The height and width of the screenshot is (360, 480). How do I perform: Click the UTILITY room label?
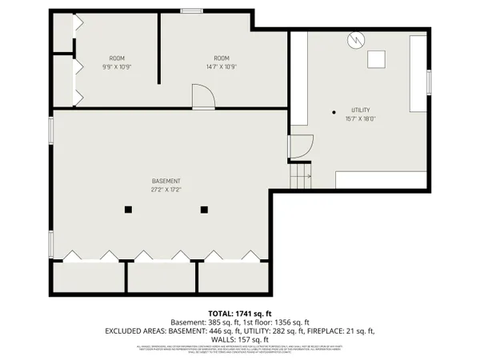pos(360,110)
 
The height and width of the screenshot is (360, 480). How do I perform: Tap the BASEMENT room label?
pos(166,181)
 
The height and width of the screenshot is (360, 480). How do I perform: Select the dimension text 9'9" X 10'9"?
pos(118,66)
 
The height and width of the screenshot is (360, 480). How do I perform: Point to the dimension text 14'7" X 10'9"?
pos(222,66)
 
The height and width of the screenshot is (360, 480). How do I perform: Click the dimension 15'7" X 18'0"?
pos(360,119)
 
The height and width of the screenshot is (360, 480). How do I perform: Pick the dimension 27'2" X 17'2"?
pos(166,190)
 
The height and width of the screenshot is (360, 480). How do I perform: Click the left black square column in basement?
pos(128,210)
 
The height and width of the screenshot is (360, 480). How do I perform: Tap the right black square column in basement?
pos(204,210)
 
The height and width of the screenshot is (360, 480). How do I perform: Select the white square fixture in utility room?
pos(376,59)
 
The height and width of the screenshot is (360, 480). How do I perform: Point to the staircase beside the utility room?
pos(300,174)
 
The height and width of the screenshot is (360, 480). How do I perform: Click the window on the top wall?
pos(190,10)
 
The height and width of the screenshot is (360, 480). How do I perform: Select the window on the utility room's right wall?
pos(429,82)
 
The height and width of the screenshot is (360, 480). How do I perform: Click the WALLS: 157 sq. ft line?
pos(240,338)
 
